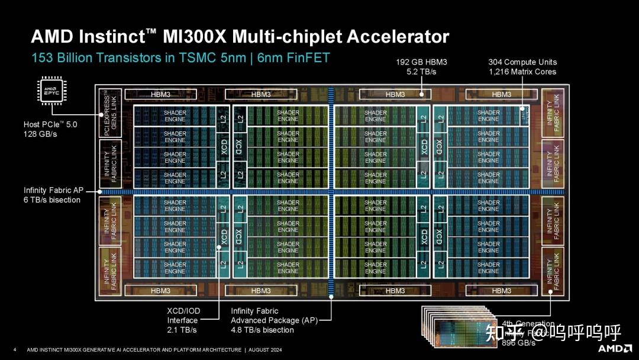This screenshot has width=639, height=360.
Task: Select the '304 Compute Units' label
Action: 522,62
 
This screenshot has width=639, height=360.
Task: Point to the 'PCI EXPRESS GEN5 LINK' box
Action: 110,113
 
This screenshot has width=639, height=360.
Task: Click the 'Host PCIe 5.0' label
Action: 50,125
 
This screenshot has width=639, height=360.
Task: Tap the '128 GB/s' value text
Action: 40,134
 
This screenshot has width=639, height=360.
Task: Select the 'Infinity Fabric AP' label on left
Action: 53,190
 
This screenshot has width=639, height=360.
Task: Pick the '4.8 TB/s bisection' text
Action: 262,330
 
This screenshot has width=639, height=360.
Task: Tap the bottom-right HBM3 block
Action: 501,291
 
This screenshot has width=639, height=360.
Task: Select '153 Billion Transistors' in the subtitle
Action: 88,58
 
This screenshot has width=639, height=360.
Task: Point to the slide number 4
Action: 15,350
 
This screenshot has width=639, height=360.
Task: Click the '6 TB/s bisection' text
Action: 52,200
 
